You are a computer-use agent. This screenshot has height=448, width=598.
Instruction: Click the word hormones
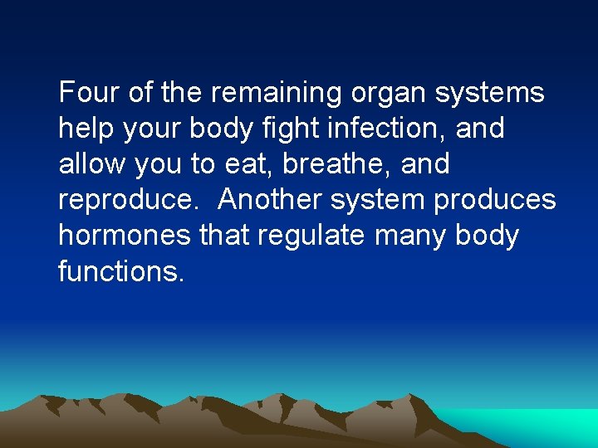pyautogui.click(x=125, y=235)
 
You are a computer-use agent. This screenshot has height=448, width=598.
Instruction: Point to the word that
pyautogui.click(x=224, y=235)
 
